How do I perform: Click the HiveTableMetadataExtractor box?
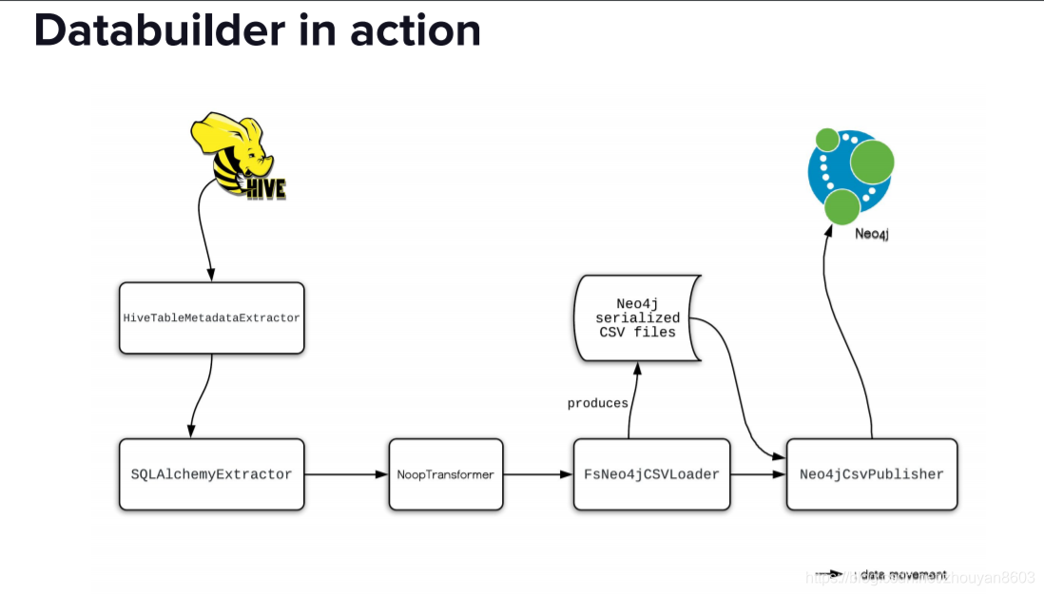point(211,317)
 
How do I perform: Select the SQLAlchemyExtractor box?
point(211,473)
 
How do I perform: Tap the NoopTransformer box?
point(446,473)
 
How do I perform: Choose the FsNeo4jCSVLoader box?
point(651,473)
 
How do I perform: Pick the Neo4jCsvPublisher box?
point(871,473)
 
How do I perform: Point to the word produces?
point(597,403)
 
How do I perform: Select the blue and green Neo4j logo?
point(850,173)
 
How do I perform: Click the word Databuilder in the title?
point(159,30)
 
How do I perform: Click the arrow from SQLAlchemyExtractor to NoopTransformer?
point(346,473)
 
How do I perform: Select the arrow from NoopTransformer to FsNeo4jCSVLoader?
point(538,473)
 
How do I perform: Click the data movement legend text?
point(904,574)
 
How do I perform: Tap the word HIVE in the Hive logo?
point(265,189)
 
